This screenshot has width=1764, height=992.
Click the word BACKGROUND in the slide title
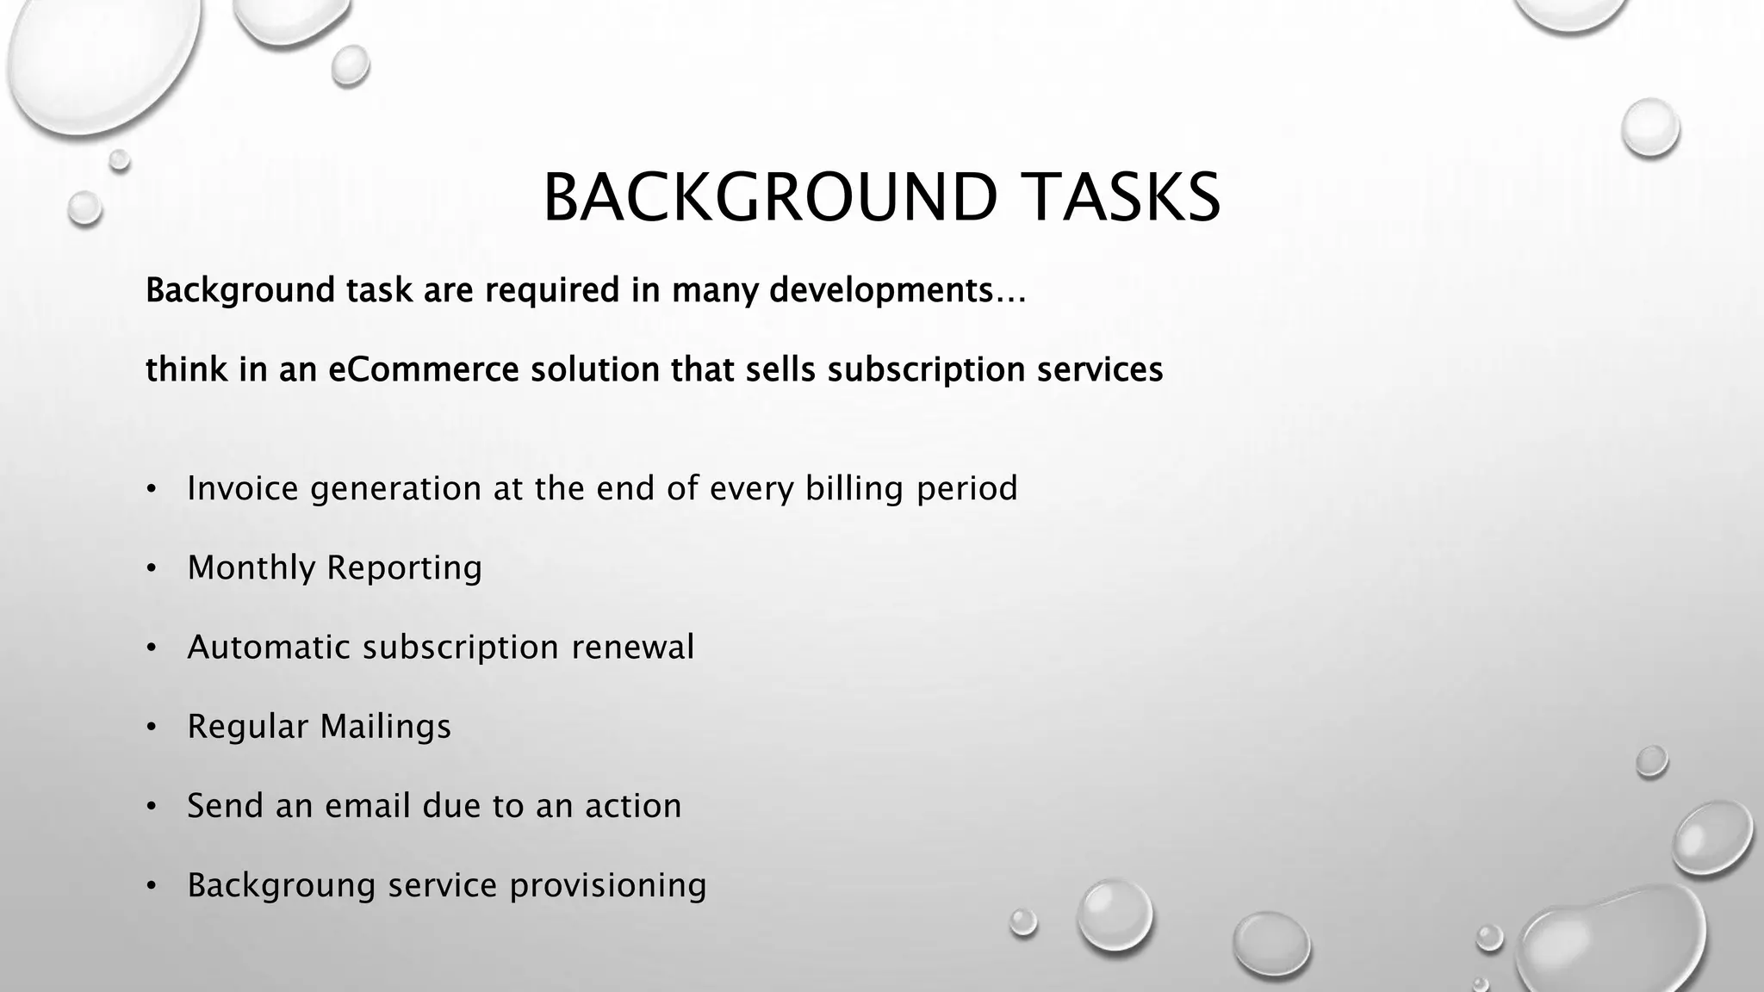[770, 198]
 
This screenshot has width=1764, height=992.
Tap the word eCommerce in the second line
[424, 370]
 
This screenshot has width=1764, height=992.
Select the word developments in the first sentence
[880, 291]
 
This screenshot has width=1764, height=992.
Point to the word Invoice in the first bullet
[243, 488]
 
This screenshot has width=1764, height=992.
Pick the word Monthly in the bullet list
[252, 568]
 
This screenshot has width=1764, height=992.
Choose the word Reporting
[404, 568]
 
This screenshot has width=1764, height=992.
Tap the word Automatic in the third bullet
[269, 648]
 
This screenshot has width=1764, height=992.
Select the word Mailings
[385, 727]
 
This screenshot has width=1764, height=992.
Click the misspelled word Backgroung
[282, 886]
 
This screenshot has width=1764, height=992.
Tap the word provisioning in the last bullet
[608, 886]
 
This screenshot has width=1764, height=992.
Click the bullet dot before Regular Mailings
[152, 728]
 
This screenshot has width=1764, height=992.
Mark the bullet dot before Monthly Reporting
[152, 569]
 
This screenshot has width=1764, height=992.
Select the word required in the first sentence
[552, 291]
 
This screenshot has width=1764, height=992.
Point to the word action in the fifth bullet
[633, 806]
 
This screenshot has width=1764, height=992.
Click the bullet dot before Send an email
[152, 807]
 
